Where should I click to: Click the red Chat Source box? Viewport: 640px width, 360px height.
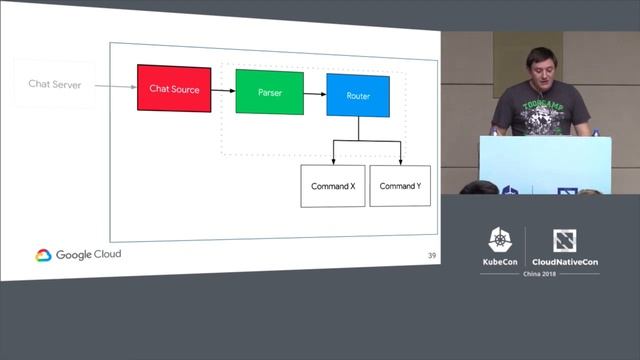pyautogui.click(x=174, y=89)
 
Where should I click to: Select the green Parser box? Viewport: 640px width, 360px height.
pyautogui.click(x=269, y=92)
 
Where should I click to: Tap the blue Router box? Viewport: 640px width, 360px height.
pyautogui.click(x=358, y=95)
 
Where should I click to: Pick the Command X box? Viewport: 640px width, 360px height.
pyautogui.click(x=333, y=186)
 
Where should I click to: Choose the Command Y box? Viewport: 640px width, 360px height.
pyautogui.click(x=400, y=186)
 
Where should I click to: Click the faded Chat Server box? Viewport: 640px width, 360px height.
pyautogui.click(x=54, y=85)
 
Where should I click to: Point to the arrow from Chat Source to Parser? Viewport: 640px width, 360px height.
pyautogui.click(x=223, y=90)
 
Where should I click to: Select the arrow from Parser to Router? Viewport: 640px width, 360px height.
pyautogui.click(x=315, y=94)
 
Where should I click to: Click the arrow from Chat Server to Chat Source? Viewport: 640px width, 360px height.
pyautogui.click(x=116, y=86)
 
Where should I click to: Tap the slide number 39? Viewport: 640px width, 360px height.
pyautogui.click(x=431, y=256)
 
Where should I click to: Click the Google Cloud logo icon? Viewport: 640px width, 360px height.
pyautogui.click(x=43, y=255)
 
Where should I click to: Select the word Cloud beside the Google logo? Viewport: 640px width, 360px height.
pyautogui.click(x=108, y=254)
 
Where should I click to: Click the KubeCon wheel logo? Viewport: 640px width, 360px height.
pyautogui.click(x=500, y=240)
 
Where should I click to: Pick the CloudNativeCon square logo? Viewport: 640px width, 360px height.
pyautogui.click(x=563, y=240)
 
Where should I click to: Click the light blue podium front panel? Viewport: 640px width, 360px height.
pyautogui.click(x=544, y=160)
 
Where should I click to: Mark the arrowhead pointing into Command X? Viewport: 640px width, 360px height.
pyautogui.click(x=333, y=162)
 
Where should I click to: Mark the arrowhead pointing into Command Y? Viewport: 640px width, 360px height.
pyautogui.click(x=400, y=162)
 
